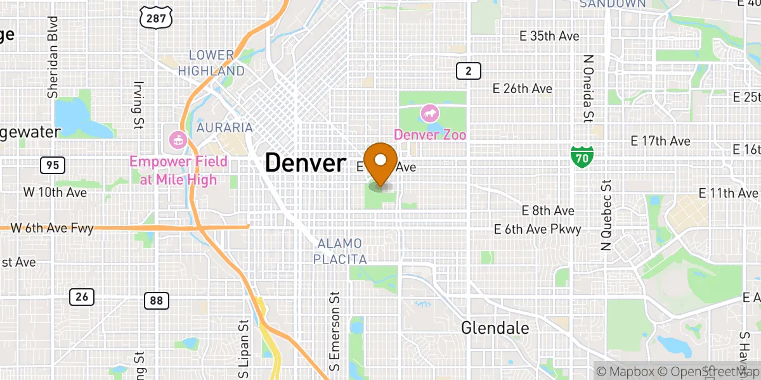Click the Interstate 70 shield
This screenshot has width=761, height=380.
(x=582, y=156)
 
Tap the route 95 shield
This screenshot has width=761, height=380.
(x=52, y=166)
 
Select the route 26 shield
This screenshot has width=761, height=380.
(x=82, y=296)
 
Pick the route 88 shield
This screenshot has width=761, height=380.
(x=156, y=300)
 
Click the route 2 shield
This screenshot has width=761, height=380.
(x=468, y=71)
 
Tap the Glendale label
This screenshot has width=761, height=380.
(x=495, y=328)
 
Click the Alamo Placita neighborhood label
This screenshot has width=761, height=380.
(x=341, y=251)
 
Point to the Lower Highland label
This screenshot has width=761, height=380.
(x=211, y=63)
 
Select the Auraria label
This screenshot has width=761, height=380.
(x=224, y=128)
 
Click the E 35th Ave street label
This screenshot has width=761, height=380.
(x=537, y=36)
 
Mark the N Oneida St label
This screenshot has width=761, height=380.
(x=587, y=87)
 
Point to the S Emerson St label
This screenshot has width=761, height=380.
(x=334, y=331)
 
